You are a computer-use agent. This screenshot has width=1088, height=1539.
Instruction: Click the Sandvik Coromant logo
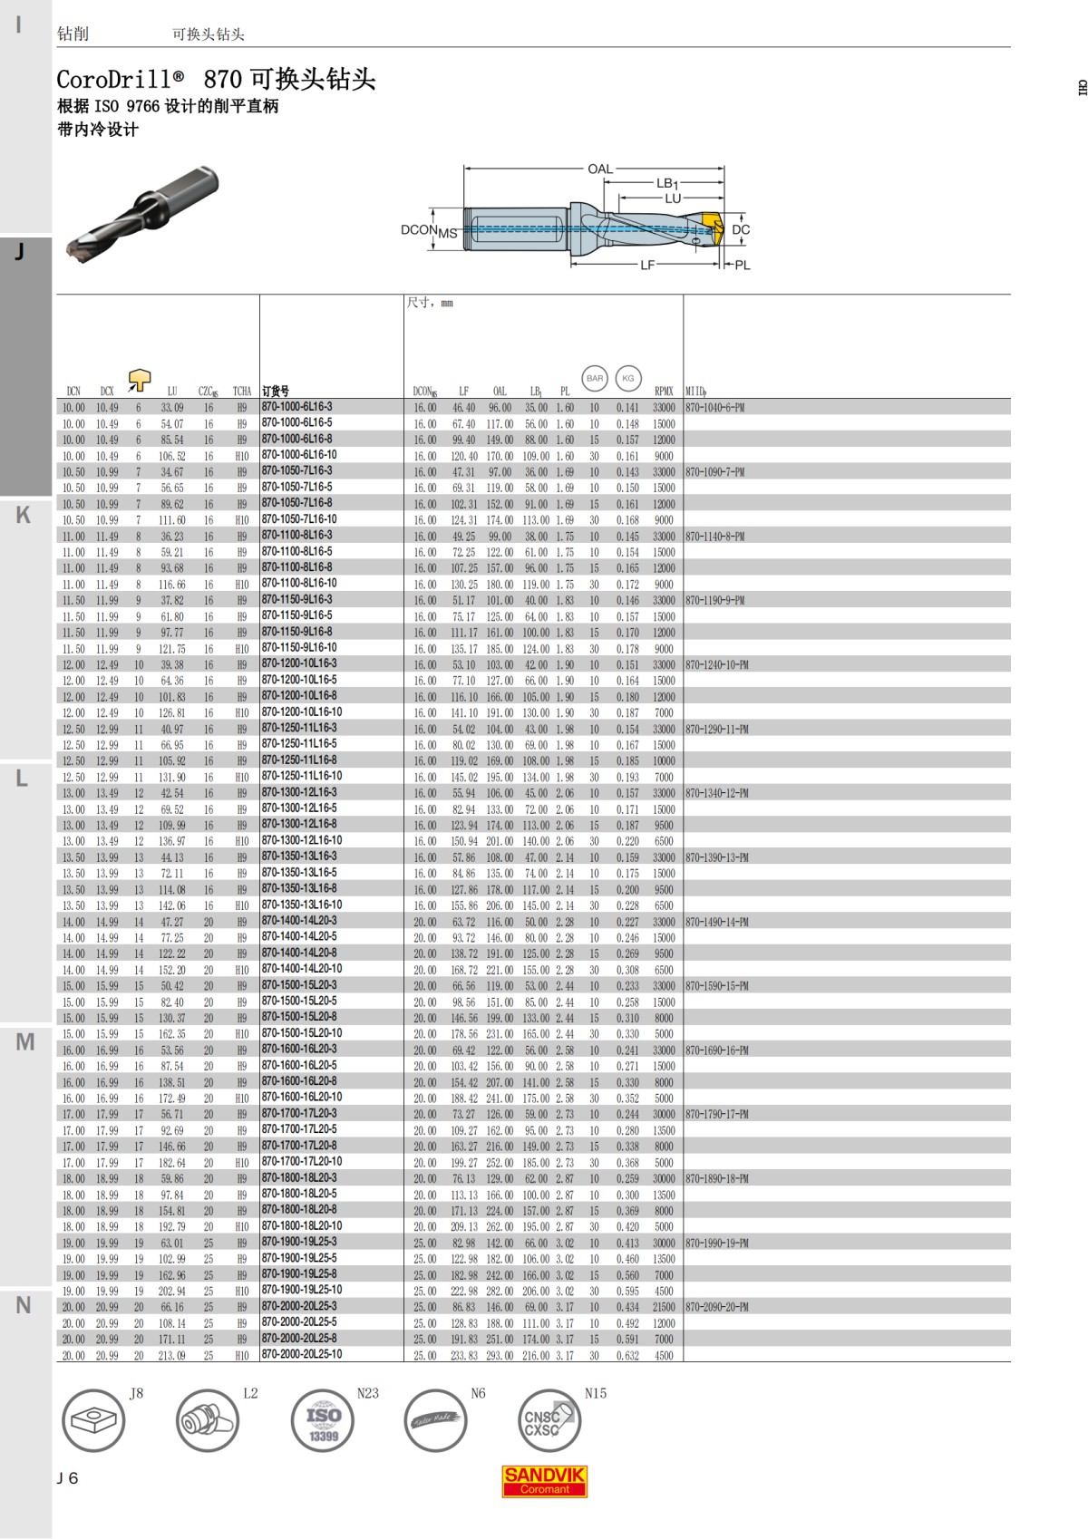click(544, 1481)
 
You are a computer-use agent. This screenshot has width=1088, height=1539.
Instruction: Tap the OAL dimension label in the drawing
click(599, 169)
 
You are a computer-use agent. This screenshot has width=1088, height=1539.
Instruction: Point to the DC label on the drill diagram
click(741, 230)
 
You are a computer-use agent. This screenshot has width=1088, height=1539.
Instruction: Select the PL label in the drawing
click(743, 266)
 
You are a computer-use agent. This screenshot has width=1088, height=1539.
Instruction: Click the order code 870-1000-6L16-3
click(297, 407)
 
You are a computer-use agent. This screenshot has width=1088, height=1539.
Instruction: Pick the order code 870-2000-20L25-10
click(302, 1354)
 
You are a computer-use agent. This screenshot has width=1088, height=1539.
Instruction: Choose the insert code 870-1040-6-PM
click(714, 408)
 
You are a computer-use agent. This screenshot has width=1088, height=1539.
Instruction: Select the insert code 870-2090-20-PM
click(717, 1307)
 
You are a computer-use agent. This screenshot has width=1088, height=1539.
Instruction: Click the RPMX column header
click(664, 392)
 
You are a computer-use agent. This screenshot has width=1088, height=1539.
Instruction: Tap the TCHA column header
click(241, 392)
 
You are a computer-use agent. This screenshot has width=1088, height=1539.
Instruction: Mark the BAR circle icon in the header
click(595, 378)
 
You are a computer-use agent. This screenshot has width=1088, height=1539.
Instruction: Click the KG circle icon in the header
click(628, 378)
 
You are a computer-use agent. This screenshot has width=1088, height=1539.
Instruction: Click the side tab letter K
click(24, 515)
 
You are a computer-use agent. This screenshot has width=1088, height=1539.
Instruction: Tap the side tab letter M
click(24, 1042)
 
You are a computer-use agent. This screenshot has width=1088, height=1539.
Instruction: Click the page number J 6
click(68, 1478)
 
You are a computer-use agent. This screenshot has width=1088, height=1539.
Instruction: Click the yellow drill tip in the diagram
click(710, 229)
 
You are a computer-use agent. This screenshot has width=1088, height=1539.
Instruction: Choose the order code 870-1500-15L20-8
click(299, 1017)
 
